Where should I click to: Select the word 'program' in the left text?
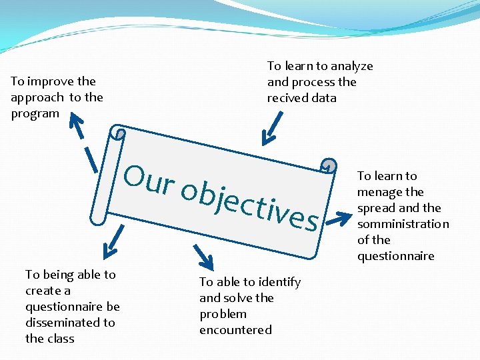35,113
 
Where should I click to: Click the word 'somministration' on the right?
403,224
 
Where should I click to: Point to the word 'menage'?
381,192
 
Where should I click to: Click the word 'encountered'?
235,330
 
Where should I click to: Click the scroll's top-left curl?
119,133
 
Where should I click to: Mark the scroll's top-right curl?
329,165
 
